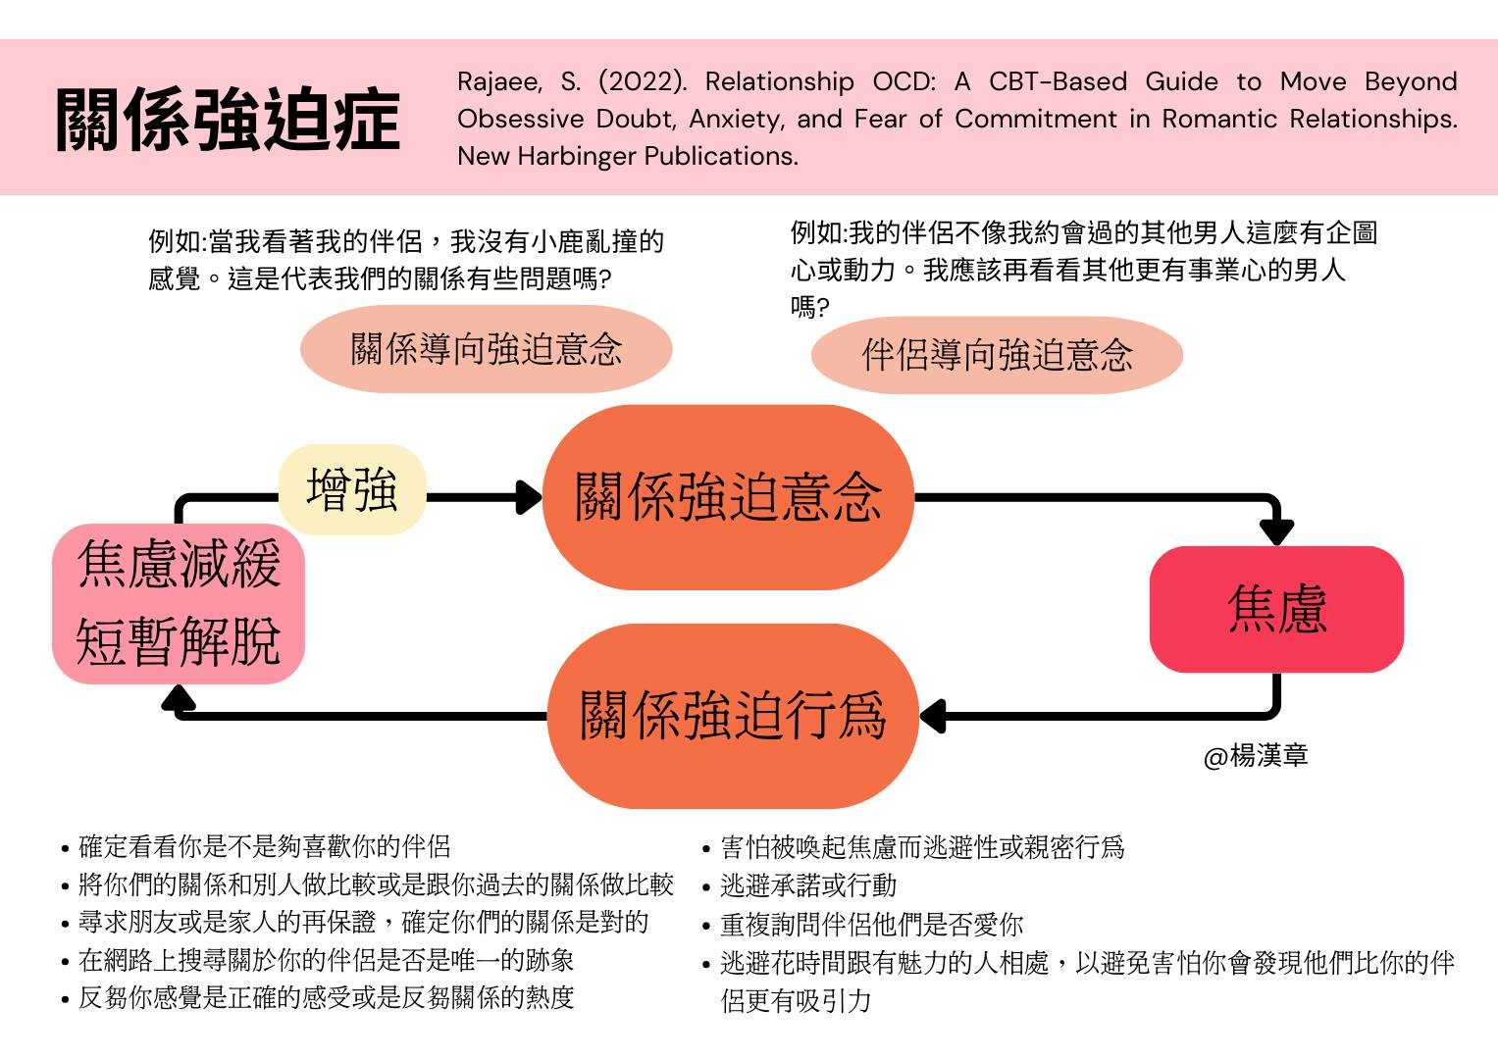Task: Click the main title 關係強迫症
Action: point(228,120)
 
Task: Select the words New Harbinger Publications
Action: point(627,156)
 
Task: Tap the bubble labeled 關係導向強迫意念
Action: point(486,349)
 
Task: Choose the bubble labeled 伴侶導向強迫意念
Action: point(997,355)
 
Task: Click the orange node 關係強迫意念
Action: point(728,497)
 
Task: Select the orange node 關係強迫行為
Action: point(733,715)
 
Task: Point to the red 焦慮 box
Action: point(1276,609)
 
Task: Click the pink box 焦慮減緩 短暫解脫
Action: point(179,603)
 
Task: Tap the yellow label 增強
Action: point(351,489)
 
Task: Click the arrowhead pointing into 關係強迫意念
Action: point(531,497)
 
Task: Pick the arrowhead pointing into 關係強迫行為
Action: point(931,716)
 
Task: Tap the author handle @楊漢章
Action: point(1256,756)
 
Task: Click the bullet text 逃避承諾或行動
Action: point(808,885)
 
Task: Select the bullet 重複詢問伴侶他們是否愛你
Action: point(871,924)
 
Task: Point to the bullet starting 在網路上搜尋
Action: point(326,960)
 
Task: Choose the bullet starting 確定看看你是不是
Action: point(264,846)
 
